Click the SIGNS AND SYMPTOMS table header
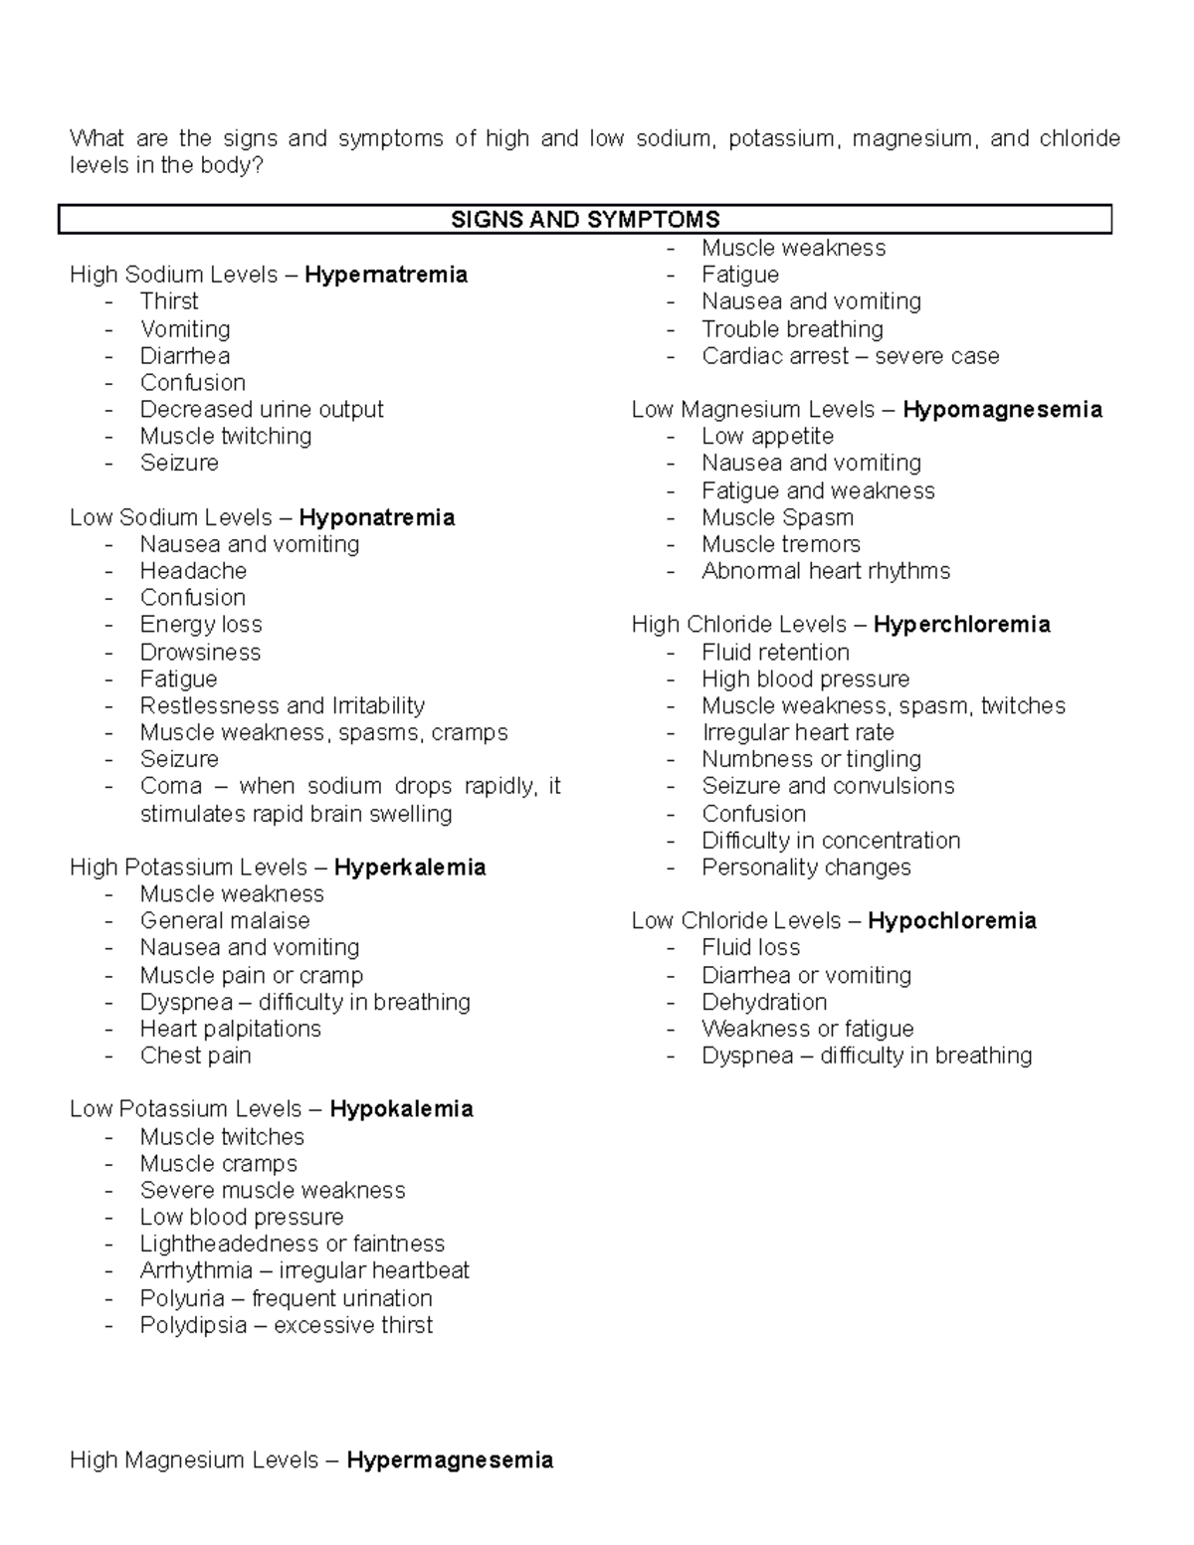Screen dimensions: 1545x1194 (585, 219)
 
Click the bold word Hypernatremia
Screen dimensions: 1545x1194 (386, 275)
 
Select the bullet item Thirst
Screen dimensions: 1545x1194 (169, 301)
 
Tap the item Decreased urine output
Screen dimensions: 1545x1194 (262, 409)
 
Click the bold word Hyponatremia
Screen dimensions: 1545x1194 (376, 517)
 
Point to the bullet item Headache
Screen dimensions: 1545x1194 (193, 571)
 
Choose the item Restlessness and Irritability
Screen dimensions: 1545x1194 (283, 705)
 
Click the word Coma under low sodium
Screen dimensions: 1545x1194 (171, 786)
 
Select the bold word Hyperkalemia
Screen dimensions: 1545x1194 (410, 868)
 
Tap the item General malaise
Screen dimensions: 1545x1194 (225, 920)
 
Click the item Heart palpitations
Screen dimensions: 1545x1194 (231, 1029)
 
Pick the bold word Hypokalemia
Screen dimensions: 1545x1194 (401, 1109)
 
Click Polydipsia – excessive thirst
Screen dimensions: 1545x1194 (287, 1325)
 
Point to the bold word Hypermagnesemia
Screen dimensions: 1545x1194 (450, 1460)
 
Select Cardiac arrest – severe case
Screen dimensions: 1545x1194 (851, 356)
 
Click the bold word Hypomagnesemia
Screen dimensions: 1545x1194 (1002, 410)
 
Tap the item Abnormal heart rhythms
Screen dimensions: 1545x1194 (826, 571)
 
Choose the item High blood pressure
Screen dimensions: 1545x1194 (806, 678)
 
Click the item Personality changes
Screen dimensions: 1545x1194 (806, 868)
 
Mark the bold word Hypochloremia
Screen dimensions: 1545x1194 (951, 921)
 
